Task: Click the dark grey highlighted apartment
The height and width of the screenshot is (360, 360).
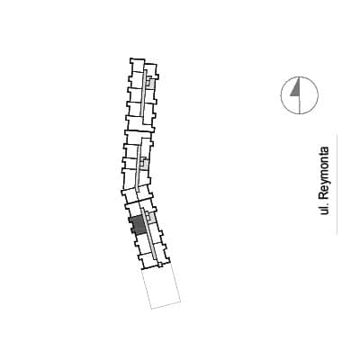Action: coord(139,225)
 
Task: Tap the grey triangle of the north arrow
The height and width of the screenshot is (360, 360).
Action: coord(296,89)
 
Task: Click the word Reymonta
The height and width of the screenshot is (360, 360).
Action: coord(324,173)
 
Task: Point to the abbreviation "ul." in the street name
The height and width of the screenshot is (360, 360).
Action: coord(324,209)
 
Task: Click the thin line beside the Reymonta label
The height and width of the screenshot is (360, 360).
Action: coord(337,184)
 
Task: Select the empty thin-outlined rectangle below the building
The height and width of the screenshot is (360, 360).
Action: coord(161,287)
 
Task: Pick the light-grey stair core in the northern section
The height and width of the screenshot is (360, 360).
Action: coord(150,82)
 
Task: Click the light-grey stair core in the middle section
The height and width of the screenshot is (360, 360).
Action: coord(144,164)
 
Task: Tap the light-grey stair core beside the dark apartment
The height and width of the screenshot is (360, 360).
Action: coord(150,218)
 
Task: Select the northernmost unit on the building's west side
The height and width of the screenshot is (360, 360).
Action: coord(137,65)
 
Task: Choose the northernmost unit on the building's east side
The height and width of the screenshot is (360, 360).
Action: coord(150,69)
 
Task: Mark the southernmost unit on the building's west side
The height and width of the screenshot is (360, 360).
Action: coord(148,261)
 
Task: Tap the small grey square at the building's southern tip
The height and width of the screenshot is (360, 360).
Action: coord(160,265)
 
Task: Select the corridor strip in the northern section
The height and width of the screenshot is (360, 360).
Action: coord(144,92)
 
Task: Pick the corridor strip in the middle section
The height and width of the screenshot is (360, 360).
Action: coord(139,167)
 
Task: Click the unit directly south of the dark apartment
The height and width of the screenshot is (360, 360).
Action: coord(141,240)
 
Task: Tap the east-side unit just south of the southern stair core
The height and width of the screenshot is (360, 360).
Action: coord(156,229)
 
